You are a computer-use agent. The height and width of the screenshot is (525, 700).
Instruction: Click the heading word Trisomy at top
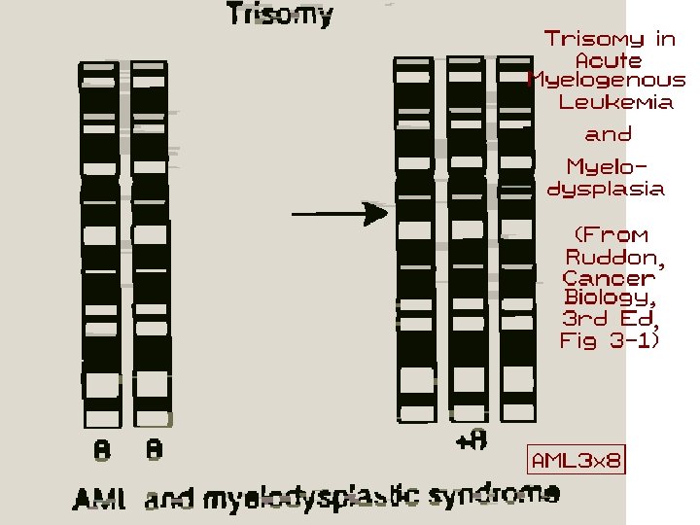[280, 16]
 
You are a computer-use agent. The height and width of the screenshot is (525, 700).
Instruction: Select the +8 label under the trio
[471, 440]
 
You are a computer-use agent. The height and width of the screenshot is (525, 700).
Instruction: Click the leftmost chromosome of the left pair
[100, 243]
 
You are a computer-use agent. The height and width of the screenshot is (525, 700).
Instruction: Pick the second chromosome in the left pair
[152, 243]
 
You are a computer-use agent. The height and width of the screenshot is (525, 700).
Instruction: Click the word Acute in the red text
[609, 60]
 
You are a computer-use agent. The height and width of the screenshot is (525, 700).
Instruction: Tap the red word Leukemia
[616, 102]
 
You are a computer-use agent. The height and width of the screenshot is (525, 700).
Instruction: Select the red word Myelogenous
[607, 81]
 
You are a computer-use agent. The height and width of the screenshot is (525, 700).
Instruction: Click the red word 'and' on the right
[608, 134]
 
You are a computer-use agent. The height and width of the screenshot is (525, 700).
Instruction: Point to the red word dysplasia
[607, 189]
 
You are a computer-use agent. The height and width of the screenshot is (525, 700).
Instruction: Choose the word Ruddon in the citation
[615, 257]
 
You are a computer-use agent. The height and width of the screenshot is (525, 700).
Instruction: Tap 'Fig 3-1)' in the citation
[610, 340]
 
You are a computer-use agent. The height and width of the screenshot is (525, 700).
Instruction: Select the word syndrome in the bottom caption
[507, 495]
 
